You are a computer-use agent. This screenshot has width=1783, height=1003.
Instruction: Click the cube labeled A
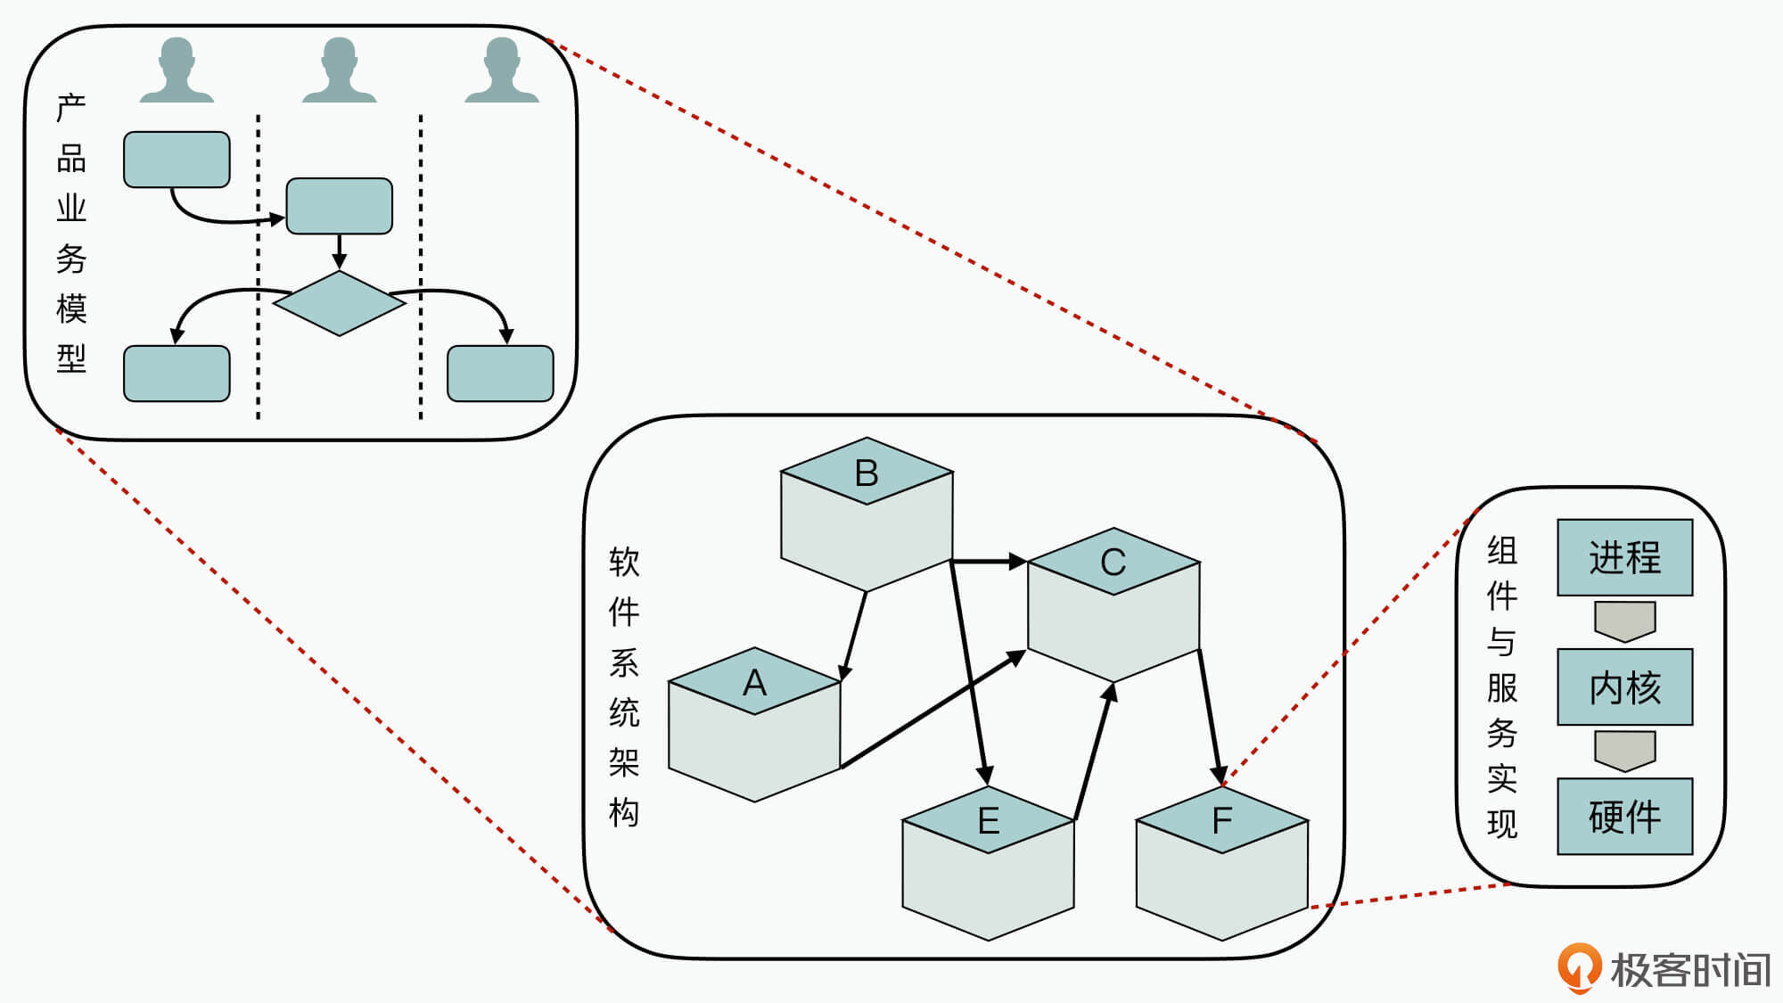coord(754,727)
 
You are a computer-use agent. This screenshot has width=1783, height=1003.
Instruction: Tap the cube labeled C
coord(1113,606)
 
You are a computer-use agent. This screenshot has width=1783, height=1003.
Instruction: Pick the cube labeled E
coord(988,865)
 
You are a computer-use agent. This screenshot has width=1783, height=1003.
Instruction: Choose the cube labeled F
coord(1221,865)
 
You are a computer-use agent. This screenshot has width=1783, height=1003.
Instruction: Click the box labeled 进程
coord(1624,557)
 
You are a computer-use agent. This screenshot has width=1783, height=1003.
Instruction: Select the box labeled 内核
coord(1624,686)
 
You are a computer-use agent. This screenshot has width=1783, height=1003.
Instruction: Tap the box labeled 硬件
coord(1624,816)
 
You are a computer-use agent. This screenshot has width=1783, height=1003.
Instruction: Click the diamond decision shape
coord(340,303)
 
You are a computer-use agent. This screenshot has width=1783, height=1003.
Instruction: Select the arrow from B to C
coord(990,562)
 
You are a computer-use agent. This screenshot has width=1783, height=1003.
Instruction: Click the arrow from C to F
coord(1209,718)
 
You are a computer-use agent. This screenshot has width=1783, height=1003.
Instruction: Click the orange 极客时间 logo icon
coord(1579,967)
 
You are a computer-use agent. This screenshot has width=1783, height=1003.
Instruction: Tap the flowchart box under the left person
coord(177,160)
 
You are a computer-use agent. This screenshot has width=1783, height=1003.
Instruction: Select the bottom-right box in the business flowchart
coord(500,374)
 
